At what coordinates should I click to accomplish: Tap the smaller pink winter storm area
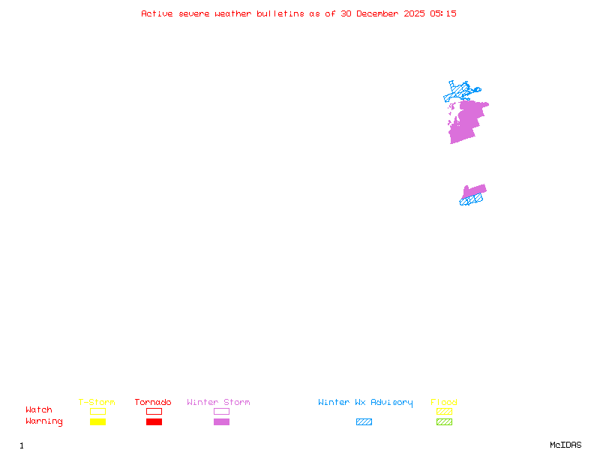coord(475,191)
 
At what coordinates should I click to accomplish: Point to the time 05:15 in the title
coord(443,13)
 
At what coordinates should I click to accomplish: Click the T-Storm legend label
coord(97,403)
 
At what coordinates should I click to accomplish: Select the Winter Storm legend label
coord(218,403)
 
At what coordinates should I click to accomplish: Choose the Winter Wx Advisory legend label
coord(365,403)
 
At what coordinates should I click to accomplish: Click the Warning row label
coord(44,421)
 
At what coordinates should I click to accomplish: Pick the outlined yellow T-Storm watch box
coord(97,411)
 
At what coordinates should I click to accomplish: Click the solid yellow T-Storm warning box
coord(97,422)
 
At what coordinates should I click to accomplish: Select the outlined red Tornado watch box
coord(154,411)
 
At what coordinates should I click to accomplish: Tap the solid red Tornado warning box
coord(154,422)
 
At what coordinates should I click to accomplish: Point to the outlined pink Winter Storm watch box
coord(221,411)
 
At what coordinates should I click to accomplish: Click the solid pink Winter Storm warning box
coord(221,422)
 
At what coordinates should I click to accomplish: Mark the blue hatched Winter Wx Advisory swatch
coord(364,422)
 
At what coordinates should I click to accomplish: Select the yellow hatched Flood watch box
coord(444,411)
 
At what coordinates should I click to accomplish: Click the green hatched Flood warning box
coord(444,422)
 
